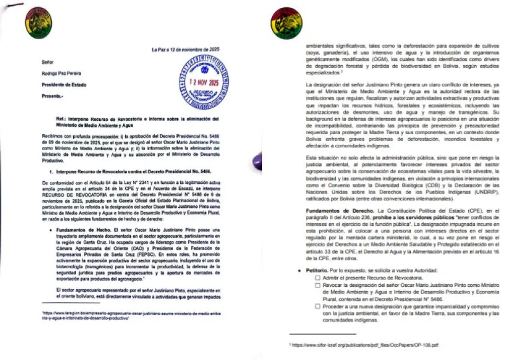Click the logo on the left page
point(39,20)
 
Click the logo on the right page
point(284,20)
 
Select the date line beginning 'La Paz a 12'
point(185,50)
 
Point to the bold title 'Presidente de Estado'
point(64,84)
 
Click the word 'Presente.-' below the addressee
point(52,96)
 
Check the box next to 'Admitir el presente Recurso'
point(317,278)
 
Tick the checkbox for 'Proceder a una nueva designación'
point(317,307)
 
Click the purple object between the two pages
point(257,161)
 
